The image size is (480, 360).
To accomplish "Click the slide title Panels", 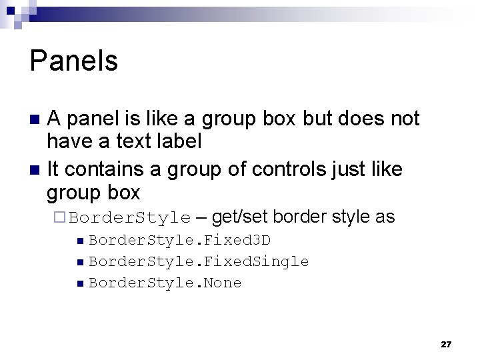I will pyautogui.click(x=74, y=61).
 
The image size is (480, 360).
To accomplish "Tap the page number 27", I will pyautogui.click(x=446, y=344).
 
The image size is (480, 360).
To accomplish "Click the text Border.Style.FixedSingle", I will pyautogui.click(x=199, y=261).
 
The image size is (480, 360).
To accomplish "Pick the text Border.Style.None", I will pyautogui.click(x=165, y=283).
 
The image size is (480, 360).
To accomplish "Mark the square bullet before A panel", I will pyautogui.click(x=36, y=120).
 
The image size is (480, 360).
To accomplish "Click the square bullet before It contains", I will pyautogui.click(x=36, y=170).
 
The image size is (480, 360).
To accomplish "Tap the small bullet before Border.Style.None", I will pyautogui.click(x=80, y=283).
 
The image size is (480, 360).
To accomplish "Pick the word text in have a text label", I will pyautogui.click(x=131, y=141).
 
